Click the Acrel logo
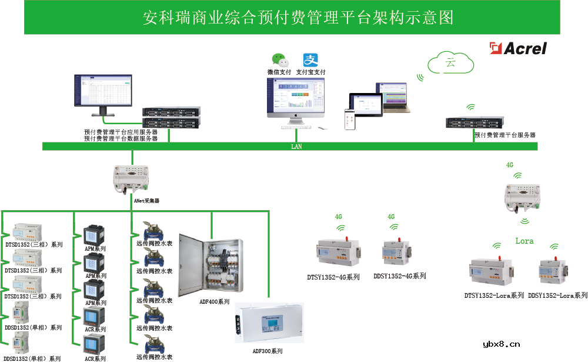tap(519, 48)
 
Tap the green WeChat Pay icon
tap(280, 60)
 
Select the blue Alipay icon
tap(310, 60)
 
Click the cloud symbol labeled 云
tap(451, 62)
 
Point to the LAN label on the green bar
tap(296, 147)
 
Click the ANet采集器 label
tap(147, 201)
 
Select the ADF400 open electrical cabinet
tap(211, 265)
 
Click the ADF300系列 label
tap(268, 351)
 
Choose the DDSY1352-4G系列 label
tap(399, 276)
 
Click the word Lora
tap(524, 241)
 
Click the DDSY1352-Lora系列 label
tap(557, 295)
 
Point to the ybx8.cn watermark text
tap(501, 345)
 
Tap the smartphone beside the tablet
tap(349, 118)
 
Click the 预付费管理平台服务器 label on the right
tap(505, 135)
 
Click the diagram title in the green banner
tap(299, 18)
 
